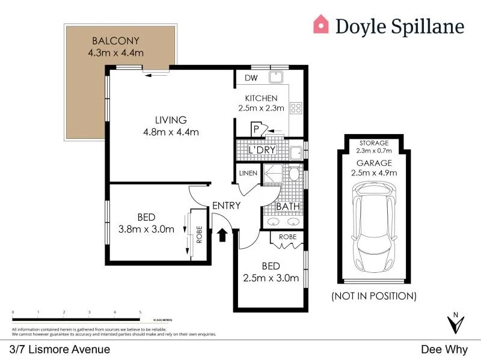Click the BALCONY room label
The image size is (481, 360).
pos(115,41)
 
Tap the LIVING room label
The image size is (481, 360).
pos(170,120)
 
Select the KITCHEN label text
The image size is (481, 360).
pos(260,98)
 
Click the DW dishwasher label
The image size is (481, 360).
pos(251,78)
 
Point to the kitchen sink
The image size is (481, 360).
pos(277,77)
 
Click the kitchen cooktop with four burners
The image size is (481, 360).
pos(296,108)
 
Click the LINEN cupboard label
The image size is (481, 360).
pos(248,174)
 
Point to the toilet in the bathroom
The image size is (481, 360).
pos(294,174)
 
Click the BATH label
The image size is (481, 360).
pos(288,207)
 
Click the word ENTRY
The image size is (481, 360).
pos(227,206)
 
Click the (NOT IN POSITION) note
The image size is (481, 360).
pos(374,296)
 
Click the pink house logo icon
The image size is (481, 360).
pos(322,25)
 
